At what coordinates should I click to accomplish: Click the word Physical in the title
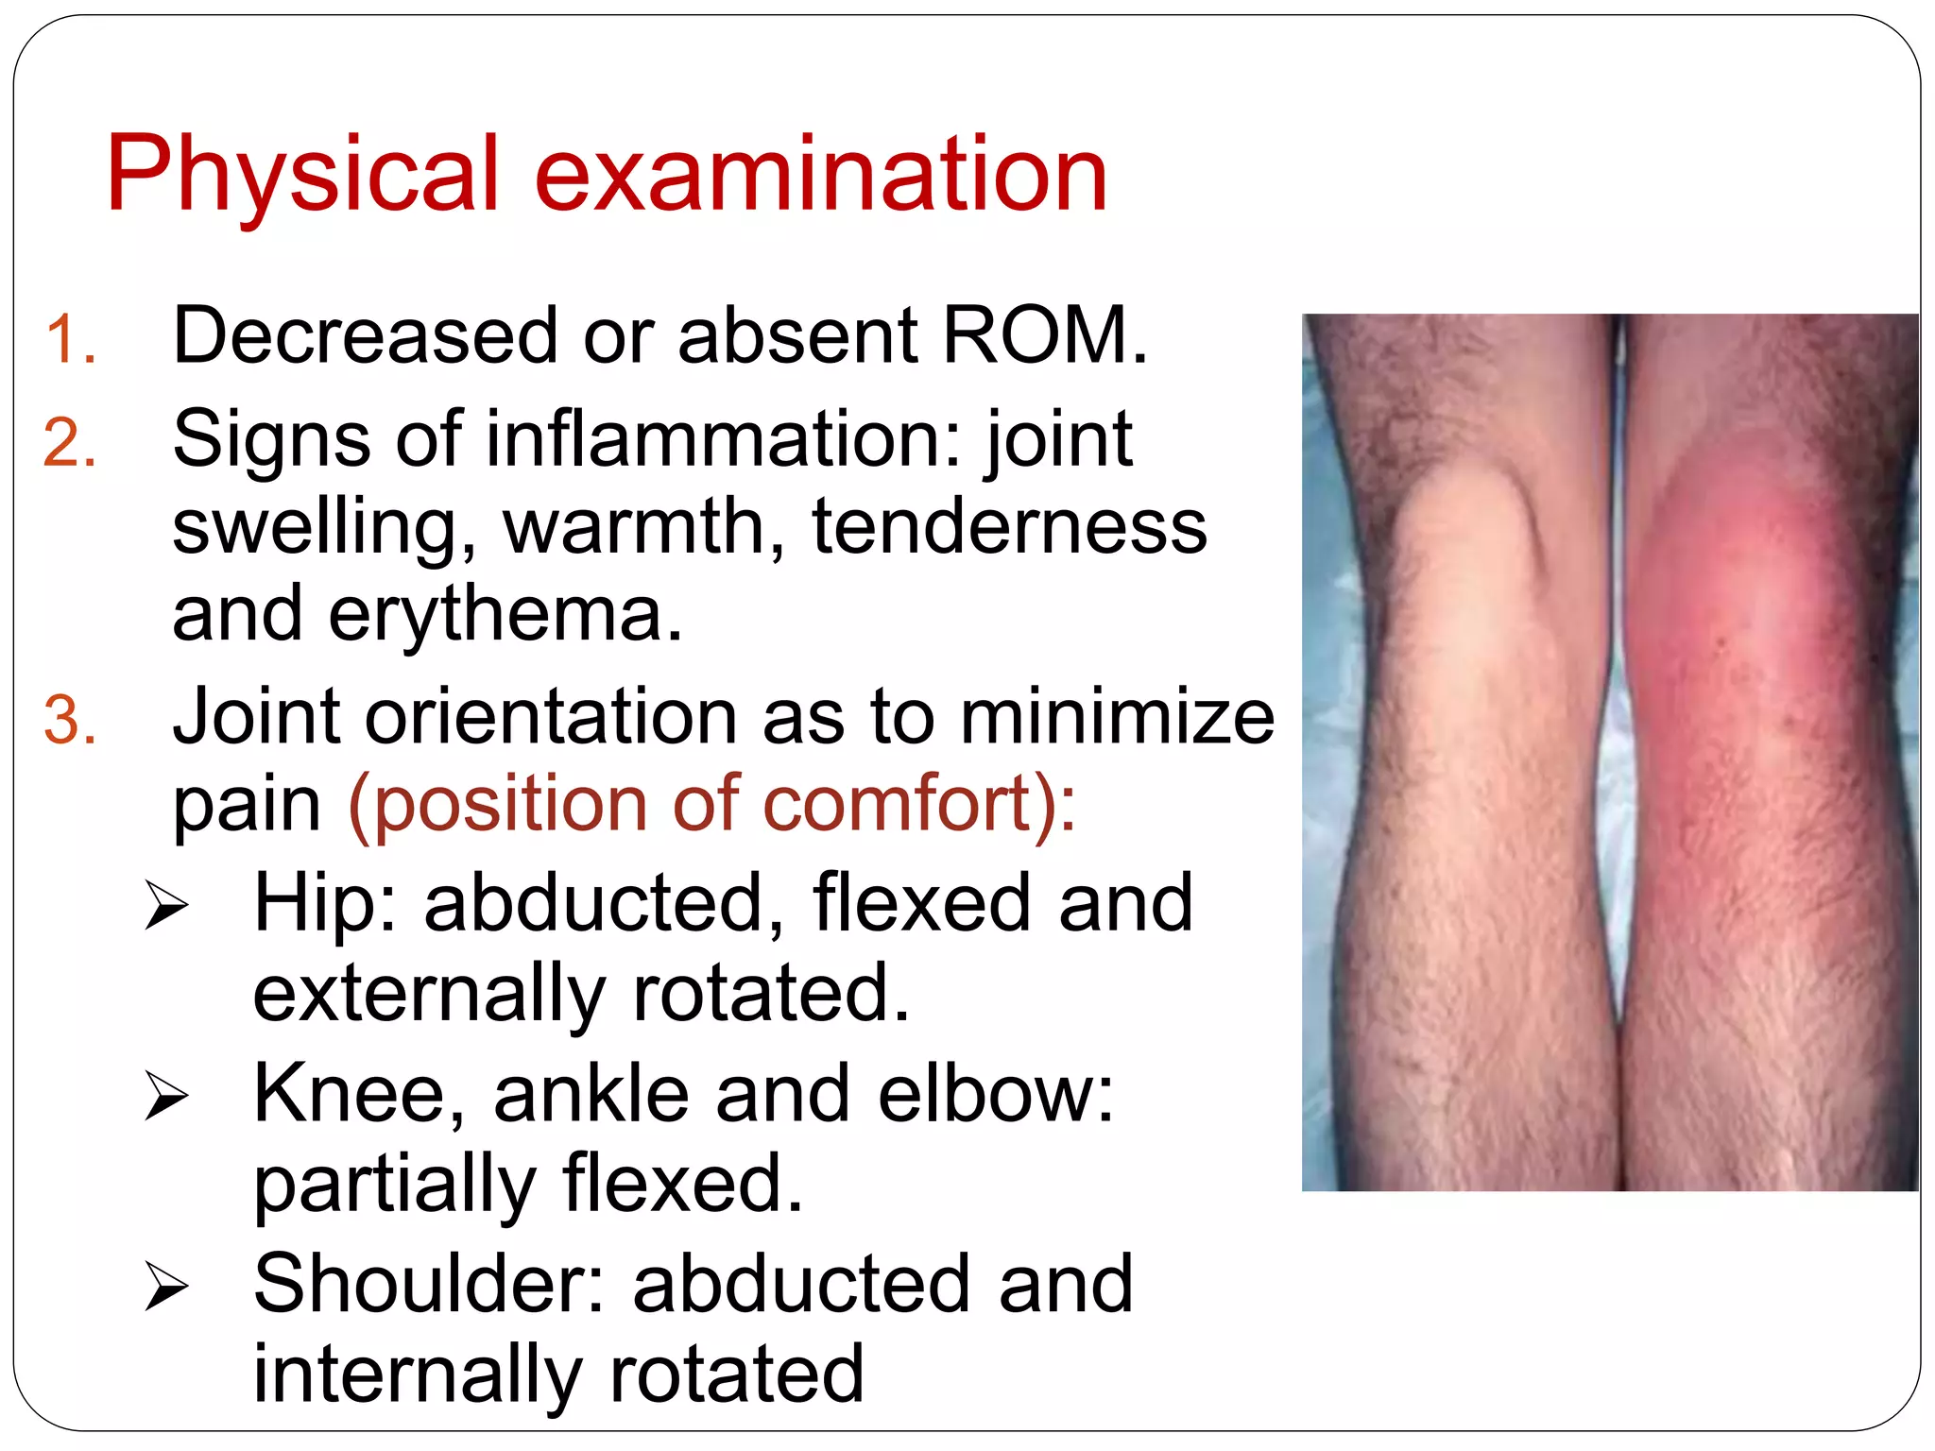tap(302, 175)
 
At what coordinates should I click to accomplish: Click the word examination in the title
tap(820, 175)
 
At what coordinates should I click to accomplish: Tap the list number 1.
tap(71, 340)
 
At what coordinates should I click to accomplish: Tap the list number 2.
tap(71, 443)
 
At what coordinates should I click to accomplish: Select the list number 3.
tap(71, 721)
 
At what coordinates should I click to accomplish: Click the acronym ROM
tap(1044, 335)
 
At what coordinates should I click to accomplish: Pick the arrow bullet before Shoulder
tap(167, 1287)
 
